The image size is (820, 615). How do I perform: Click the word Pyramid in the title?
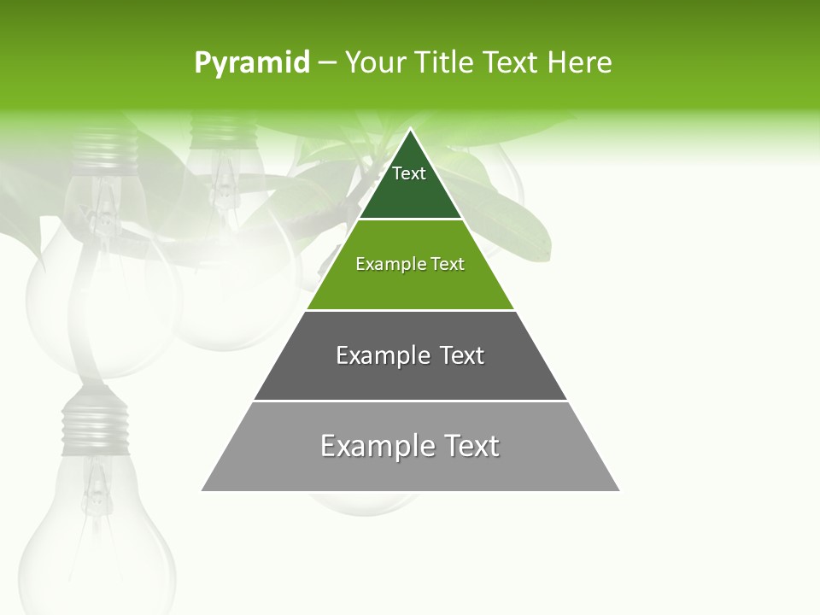(x=252, y=63)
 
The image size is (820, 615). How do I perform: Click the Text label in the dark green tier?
(x=409, y=173)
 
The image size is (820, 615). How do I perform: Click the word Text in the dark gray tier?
(x=463, y=355)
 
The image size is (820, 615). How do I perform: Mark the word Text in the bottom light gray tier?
(x=471, y=446)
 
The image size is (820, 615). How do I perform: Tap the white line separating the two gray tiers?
(x=410, y=401)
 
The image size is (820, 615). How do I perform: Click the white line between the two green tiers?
(x=410, y=220)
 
